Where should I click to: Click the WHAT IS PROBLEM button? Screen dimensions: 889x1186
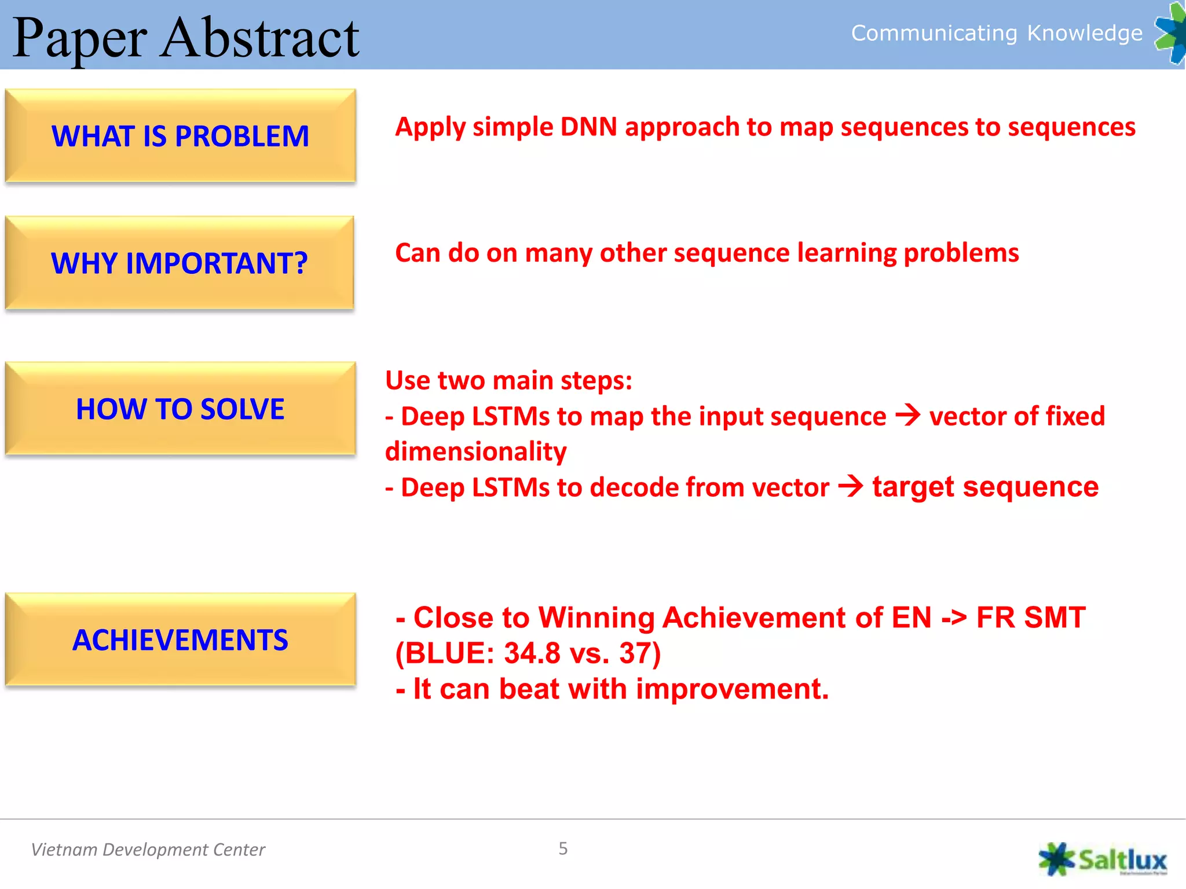pyautogui.click(x=180, y=136)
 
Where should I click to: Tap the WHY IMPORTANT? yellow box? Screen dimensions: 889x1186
pyautogui.click(x=179, y=263)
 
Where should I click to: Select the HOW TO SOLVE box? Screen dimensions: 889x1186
pyautogui.click(x=180, y=409)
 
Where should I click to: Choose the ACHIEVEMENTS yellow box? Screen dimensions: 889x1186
pyautogui.click(x=180, y=640)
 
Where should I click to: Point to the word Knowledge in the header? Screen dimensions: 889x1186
pyautogui.click(x=1084, y=33)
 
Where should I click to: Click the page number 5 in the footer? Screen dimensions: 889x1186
pyautogui.click(x=563, y=848)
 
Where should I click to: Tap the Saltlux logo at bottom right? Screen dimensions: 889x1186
pyautogui.click(x=1103, y=859)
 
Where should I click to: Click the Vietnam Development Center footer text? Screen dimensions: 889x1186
pyautogui.click(x=148, y=850)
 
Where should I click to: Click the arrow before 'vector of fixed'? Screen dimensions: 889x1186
pyautogui.click(x=907, y=415)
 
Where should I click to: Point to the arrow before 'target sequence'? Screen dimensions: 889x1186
pyautogui.click(x=851, y=486)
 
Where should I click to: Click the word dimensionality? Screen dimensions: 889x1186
pyautogui.click(x=475, y=452)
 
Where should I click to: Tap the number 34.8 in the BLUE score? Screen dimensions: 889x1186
pyautogui.click(x=532, y=653)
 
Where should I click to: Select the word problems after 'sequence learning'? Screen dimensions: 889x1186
pyautogui.click(x=961, y=254)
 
